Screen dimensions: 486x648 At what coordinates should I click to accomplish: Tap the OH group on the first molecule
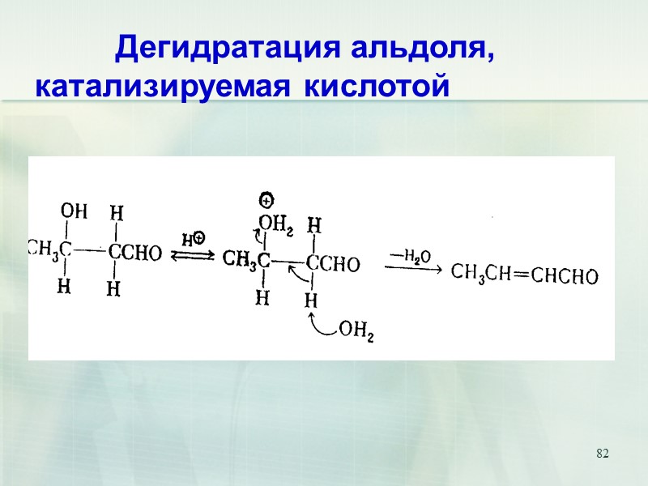(75, 212)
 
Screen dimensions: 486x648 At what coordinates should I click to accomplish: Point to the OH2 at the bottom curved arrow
(356, 330)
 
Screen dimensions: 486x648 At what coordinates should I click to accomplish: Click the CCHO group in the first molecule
(134, 254)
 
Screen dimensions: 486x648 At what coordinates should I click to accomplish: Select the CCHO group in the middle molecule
(332, 263)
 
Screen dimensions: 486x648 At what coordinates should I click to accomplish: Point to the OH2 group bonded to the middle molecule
(275, 223)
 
